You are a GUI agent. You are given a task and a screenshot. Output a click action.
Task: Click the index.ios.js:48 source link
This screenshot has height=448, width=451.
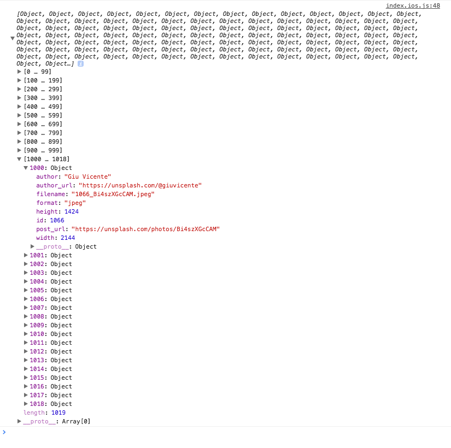413,6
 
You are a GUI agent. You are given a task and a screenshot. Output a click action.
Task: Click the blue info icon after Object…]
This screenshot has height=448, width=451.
80,63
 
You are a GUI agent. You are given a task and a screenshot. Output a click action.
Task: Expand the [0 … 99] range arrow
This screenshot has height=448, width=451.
19,72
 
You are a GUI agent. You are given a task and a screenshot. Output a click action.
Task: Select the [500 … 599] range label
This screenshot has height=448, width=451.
43,115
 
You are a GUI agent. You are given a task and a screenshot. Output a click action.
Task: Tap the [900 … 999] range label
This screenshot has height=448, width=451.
43,150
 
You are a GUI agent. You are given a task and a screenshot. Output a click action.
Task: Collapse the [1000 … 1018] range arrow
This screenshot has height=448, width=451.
19,159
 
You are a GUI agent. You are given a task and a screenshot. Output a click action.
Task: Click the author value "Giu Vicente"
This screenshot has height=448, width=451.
87,176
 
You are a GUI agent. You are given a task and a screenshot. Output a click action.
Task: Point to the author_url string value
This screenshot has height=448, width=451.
140,185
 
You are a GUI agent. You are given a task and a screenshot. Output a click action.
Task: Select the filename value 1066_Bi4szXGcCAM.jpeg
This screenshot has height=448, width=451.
113,194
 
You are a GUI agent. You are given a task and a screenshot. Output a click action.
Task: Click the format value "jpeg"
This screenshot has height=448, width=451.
75,203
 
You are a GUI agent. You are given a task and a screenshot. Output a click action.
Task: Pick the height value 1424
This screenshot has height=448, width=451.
72,211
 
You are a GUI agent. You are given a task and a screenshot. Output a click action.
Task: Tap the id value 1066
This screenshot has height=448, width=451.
57,220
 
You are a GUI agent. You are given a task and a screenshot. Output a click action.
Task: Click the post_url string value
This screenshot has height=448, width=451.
145,229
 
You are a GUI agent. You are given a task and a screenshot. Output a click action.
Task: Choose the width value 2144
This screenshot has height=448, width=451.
68,238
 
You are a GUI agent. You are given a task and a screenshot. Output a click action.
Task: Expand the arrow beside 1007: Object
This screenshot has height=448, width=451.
26,308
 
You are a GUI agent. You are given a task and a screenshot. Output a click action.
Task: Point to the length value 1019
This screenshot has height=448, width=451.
58,412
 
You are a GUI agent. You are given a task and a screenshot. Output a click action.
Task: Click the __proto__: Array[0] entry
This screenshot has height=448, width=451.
57,422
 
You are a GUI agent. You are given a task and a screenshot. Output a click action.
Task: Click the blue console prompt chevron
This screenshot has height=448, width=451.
4,432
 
